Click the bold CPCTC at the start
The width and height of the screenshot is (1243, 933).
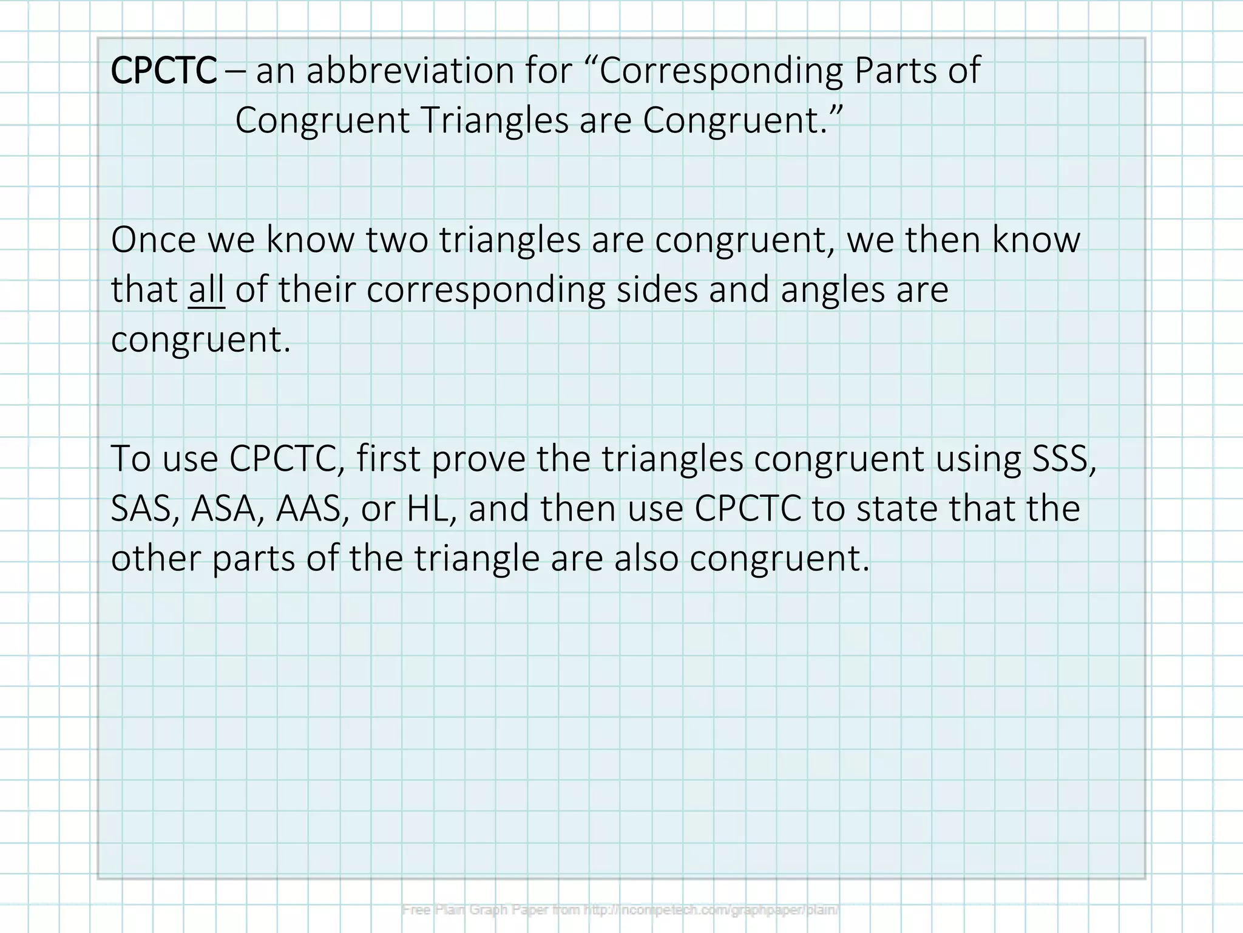[163, 70]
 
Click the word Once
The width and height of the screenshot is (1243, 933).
[154, 240]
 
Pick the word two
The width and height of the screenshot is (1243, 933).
[397, 240]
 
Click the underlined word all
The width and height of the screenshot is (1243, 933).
[206, 290]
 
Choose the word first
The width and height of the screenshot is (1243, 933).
[388, 459]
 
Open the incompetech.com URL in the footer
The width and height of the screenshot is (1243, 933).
[711, 910]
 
